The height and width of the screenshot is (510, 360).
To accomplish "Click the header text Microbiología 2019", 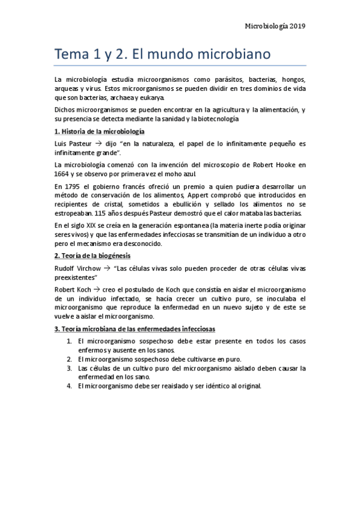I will click(x=276, y=26).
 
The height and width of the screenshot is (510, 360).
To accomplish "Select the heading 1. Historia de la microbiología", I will click(x=99, y=131).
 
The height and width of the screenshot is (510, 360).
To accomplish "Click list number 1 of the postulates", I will click(x=70, y=341).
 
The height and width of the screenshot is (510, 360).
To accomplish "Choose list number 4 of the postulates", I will click(x=70, y=386).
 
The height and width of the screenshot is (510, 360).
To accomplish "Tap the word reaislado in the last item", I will click(x=172, y=386).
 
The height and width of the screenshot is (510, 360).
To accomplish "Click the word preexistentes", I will click(x=76, y=277).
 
